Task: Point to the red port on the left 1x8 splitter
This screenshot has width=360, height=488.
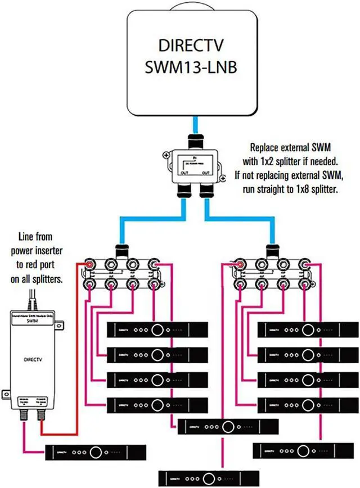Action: click(x=89, y=264)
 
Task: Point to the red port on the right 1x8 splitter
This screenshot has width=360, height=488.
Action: click(x=240, y=264)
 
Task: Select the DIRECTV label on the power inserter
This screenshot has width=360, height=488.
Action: click(x=34, y=357)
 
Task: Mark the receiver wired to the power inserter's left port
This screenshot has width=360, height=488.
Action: click(x=96, y=451)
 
